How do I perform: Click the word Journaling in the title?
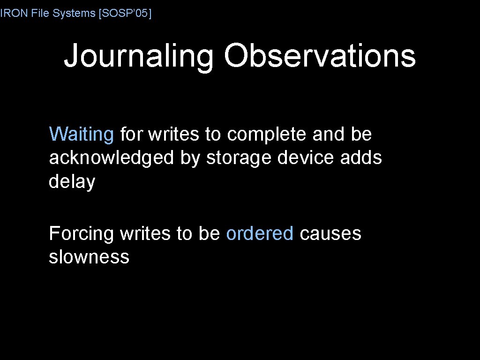click(139, 56)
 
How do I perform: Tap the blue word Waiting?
click(81, 135)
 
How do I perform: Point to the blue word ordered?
click(260, 233)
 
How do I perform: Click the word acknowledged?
click(111, 158)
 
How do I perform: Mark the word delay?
click(72, 182)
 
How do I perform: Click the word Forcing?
click(81, 233)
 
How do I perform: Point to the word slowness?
click(89, 256)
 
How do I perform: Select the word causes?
click(330, 233)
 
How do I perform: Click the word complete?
click(267, 135)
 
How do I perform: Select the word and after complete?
click(328, 135)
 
